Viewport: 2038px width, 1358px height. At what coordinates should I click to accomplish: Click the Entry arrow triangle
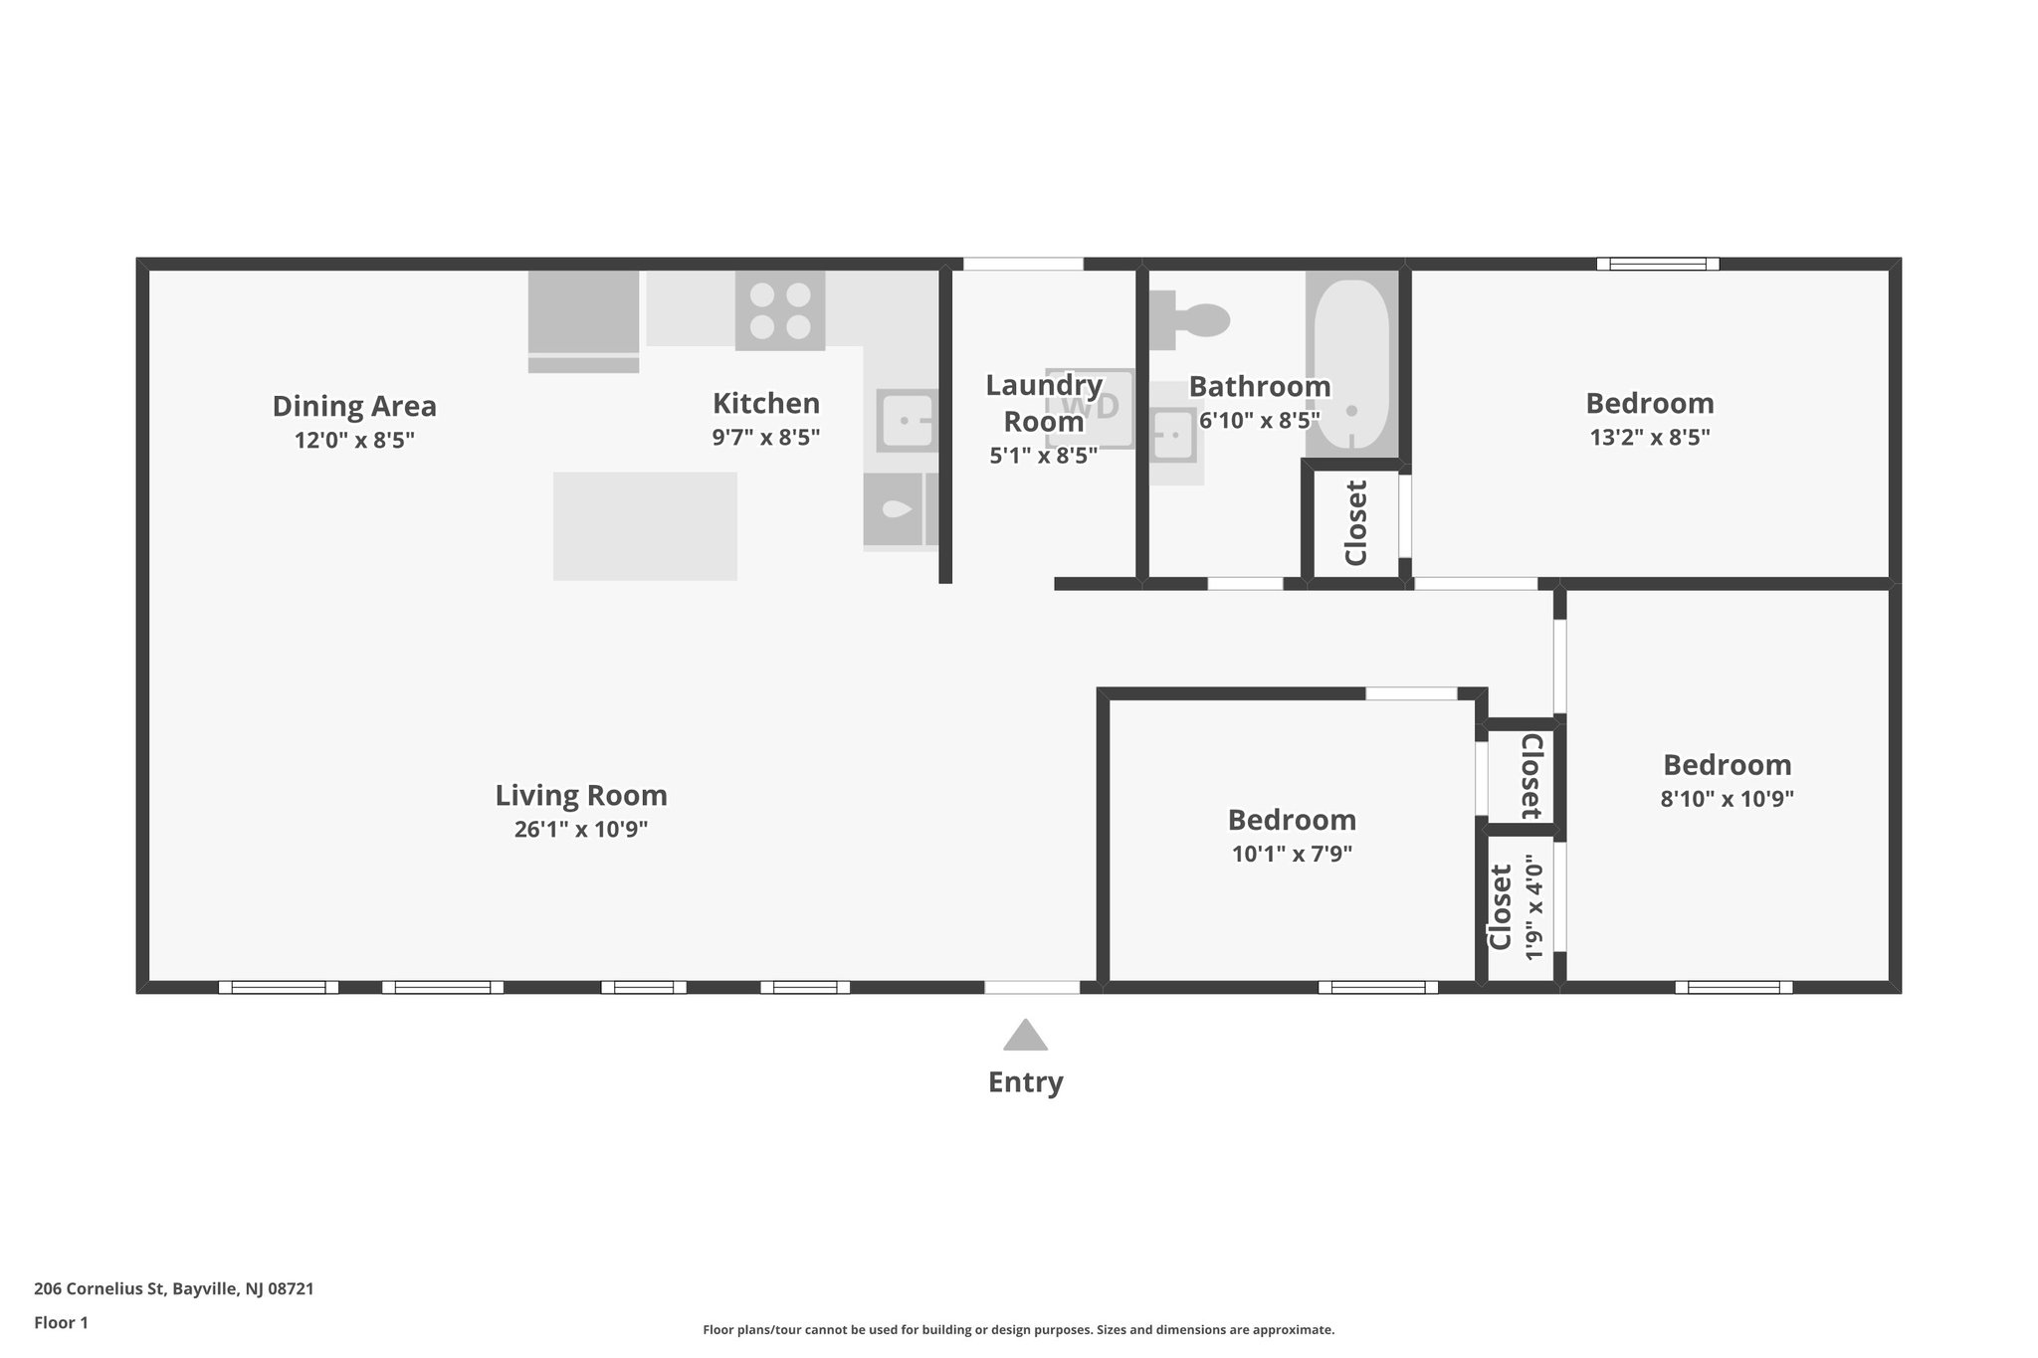(x=1025, y=1037)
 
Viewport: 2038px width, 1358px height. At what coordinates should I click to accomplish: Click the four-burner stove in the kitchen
(x=780, y=310)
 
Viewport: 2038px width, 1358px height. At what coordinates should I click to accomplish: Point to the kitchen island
(x=645, y=525)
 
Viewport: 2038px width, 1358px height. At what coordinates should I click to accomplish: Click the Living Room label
(x=581, y=795)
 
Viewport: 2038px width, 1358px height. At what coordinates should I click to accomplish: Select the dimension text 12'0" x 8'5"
(x=354, y=440)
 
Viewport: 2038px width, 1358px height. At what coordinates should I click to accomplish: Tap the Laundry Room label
(x=1043, y=403)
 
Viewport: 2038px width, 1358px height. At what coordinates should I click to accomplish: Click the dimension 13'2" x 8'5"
(x=1649, y=437)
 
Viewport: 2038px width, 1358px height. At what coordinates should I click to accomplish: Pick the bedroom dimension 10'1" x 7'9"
(x=1291, y=854)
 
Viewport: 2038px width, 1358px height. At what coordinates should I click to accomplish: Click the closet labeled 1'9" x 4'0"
(x=1517, y=907)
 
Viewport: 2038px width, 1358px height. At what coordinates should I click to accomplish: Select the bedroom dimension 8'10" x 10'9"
(x=1727, y=798)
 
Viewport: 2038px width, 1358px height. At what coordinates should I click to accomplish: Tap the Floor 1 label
(x=61, y=1322)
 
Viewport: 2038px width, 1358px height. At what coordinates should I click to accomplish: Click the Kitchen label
(x=765, y=403)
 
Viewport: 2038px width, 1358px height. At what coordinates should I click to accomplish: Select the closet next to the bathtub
(x=1354, y=523)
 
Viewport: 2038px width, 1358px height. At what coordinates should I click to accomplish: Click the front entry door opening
(x=1032, y=987)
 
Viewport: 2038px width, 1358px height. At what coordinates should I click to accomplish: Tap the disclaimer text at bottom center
(x=1018, y=1329)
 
